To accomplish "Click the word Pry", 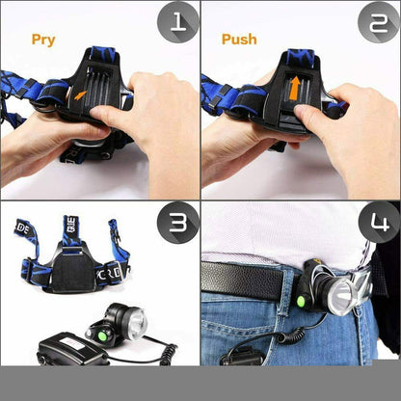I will [43, 40].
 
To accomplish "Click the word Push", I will [239, 40].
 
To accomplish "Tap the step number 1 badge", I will [178, 22].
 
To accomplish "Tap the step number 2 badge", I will [378, 22].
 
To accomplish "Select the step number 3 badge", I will [178, 224].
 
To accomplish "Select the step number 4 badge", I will [378, 224].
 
